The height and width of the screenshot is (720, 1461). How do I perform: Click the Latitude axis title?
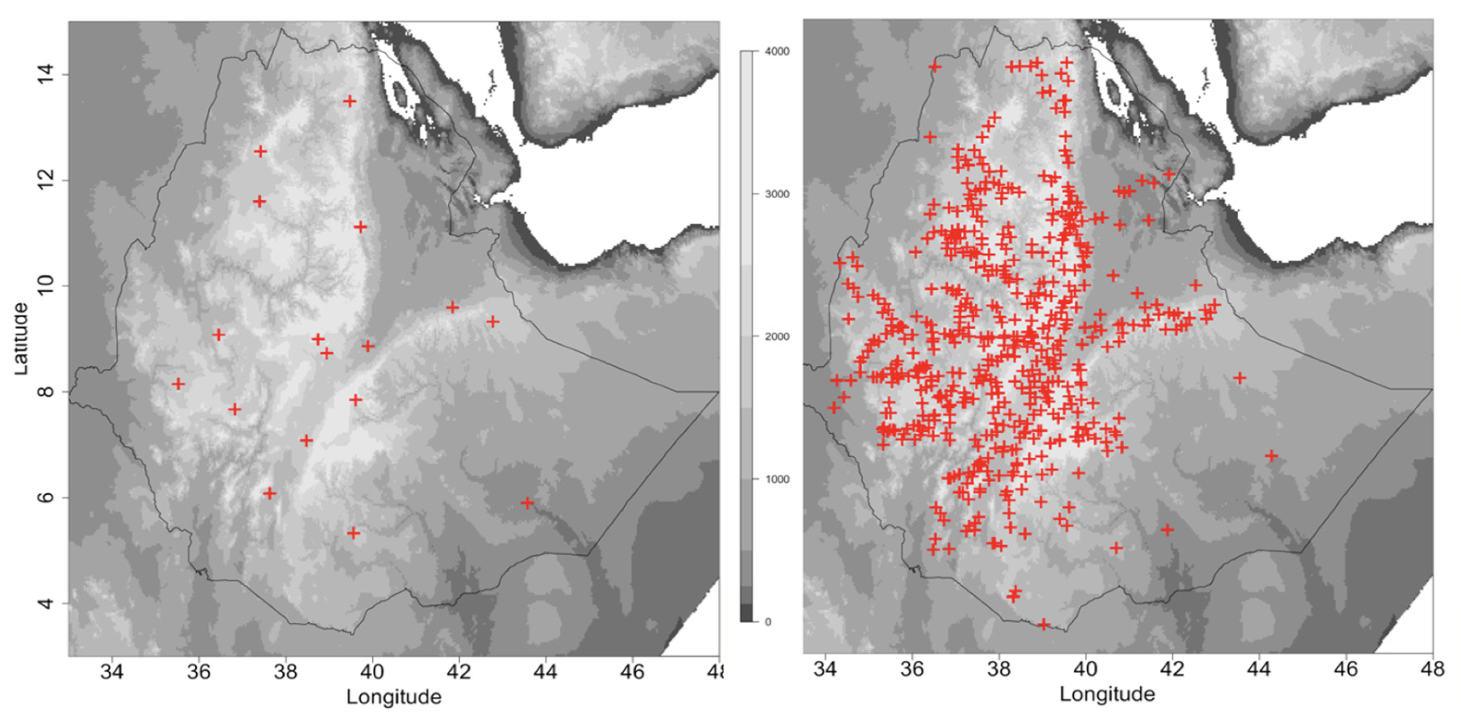pos(21,339)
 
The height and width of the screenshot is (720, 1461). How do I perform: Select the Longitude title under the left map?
pos(394,697)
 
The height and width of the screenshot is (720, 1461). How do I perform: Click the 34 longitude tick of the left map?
pos(113,671)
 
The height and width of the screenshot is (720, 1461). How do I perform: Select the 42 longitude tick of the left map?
pos(459,671)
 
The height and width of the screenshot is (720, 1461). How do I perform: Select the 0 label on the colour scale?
pos(768,622)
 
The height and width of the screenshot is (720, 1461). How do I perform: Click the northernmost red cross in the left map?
pos(350,101)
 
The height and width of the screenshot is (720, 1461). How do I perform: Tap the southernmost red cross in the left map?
pos(353,533)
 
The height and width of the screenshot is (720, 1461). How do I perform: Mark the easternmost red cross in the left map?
pos(527,503)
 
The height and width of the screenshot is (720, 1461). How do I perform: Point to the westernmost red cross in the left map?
pos(178,384)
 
